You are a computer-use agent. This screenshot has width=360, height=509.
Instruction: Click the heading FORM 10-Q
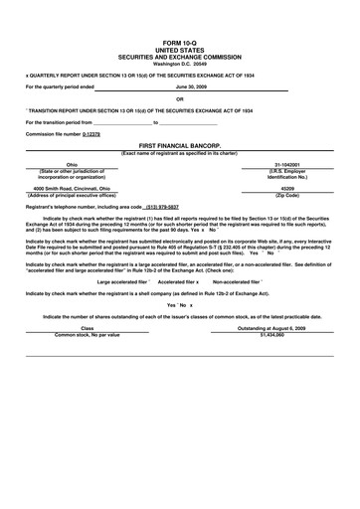point(180,44)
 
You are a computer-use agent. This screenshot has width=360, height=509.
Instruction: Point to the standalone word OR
point(180,98)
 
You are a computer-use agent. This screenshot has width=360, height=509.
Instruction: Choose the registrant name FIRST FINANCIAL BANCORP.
point(180,145)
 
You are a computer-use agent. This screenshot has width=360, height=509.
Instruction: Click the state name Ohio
point(72,164)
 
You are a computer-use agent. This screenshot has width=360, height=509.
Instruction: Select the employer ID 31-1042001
point(287,164)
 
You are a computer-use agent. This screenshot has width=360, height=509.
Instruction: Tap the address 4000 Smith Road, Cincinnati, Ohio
point(72,187)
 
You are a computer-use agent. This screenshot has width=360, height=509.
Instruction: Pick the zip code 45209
point(287,187)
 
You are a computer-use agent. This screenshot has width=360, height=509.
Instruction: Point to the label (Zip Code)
point(287,193)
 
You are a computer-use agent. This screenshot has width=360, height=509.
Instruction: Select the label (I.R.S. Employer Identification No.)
point(287,173)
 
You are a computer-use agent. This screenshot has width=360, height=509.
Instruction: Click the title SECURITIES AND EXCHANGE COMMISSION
point(180,58)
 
